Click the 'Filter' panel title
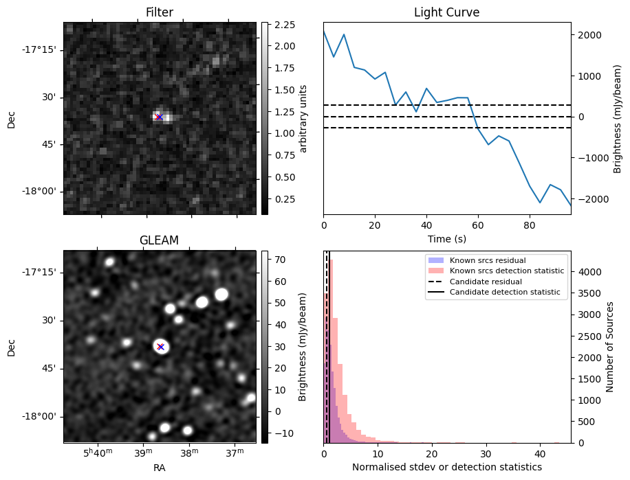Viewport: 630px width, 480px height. pos(160,12)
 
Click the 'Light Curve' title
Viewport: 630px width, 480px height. pos(446,12)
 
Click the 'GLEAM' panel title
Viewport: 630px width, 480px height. pos(160,240)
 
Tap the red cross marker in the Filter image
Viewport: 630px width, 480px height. pos(159,117)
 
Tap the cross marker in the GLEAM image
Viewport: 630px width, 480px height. pos(160,347)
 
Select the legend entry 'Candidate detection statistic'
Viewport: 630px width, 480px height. pos(504,293)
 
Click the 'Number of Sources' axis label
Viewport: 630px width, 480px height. pos(609,347)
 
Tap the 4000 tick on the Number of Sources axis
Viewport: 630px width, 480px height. pos(585,272)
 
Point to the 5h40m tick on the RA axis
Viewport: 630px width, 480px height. pos(98,453)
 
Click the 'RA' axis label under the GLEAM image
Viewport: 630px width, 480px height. pos(160,468)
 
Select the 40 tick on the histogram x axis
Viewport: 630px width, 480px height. pos(540,454)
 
